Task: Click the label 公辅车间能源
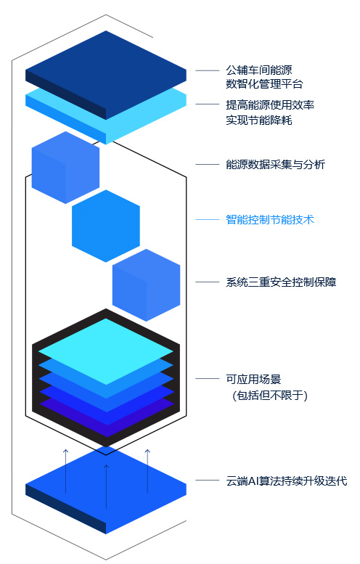pos(258,70)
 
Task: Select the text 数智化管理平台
pos(264,83)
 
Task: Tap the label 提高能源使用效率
pos(270,105)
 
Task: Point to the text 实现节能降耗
pos(258,120)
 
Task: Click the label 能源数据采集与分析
pos(275,164)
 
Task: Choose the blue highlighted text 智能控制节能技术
pos(270,219)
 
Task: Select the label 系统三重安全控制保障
pos(281,282)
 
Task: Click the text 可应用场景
pos(253,379)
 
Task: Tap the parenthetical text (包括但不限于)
pos(270,396)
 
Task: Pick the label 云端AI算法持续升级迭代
pos(286,481)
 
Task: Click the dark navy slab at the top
pos(106,75)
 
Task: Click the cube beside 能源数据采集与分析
pos(65,167)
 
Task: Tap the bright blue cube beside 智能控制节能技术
pos(106,226)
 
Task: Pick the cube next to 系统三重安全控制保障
pos(146,285)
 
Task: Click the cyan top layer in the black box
pos(106,351)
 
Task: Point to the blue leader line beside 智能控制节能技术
pos(207,219)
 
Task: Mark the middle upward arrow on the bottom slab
pos(106,486)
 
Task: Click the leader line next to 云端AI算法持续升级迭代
pos(207,481)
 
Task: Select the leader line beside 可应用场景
pos(207,378)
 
